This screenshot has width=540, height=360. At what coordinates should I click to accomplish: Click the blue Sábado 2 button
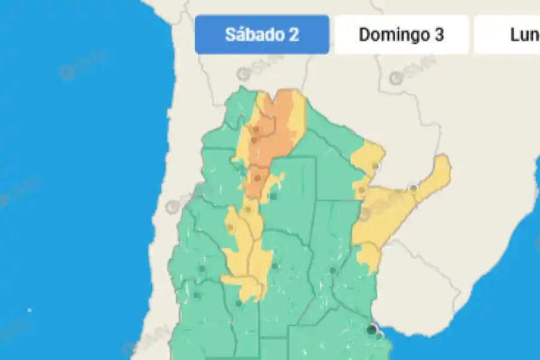click(262, 34)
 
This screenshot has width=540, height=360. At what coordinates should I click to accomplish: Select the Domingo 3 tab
click(401, 34)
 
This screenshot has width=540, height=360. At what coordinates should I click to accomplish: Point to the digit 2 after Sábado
click(293, 34)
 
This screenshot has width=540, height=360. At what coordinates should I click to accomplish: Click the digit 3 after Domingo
click(439, 34)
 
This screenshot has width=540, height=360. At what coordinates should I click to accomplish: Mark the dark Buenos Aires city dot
click(373, 329)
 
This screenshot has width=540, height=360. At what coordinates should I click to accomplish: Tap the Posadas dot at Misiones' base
click(413, 188)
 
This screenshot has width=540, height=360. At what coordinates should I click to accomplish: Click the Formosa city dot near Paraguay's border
click(376, 166)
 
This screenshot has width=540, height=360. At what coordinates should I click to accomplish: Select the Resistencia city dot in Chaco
click(362, 190)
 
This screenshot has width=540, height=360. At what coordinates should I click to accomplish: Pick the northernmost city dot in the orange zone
click(256, 128)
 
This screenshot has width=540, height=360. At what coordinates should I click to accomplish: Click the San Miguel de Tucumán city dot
click(259, 178)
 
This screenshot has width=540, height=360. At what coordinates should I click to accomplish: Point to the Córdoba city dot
click(275, 266)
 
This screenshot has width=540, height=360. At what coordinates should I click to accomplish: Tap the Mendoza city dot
click(196, 295)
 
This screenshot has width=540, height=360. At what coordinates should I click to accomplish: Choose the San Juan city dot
click(202, 268)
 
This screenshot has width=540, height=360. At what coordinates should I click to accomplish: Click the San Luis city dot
click(239, 304)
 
